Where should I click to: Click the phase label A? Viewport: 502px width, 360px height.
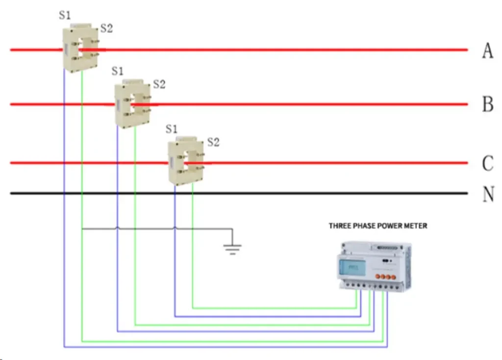click(487, 50)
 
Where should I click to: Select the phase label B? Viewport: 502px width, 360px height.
click(487, 104)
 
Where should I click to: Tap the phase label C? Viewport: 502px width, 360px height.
click(487, 163)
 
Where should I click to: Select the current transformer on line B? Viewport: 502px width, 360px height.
click(132, 104)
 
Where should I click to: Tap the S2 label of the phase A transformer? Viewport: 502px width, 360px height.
click(106, 28)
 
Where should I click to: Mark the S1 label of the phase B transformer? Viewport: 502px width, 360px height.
click(118, 71)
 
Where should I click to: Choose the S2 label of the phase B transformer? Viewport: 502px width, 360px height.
click(159, 84)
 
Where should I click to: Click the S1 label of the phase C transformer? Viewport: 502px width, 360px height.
click(171, 129)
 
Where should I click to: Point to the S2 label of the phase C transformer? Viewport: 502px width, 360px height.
click(213, 143)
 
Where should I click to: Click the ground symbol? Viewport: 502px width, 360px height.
click(232, 249)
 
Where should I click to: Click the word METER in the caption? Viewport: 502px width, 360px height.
click(414, 226)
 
